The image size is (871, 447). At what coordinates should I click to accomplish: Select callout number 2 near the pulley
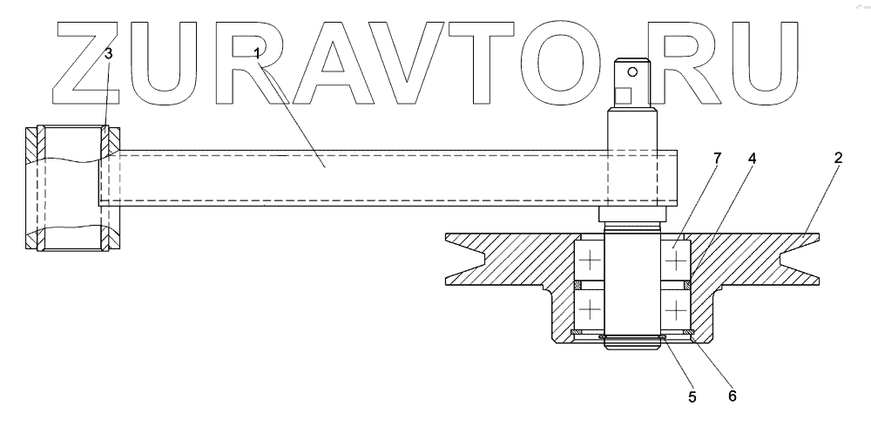click(x=838, y=158)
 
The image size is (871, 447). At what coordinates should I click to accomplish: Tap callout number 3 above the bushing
click(x=108, y=54)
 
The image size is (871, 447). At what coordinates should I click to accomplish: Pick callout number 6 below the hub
click(x=732, y=395)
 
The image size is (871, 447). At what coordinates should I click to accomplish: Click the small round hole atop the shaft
click(x=635, y=71)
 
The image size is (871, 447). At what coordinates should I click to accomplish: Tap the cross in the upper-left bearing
click(x=590, y=259)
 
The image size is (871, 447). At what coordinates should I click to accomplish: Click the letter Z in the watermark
click(x=83, y=61)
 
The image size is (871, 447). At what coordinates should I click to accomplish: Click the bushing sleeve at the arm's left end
click(x=72, y=189)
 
